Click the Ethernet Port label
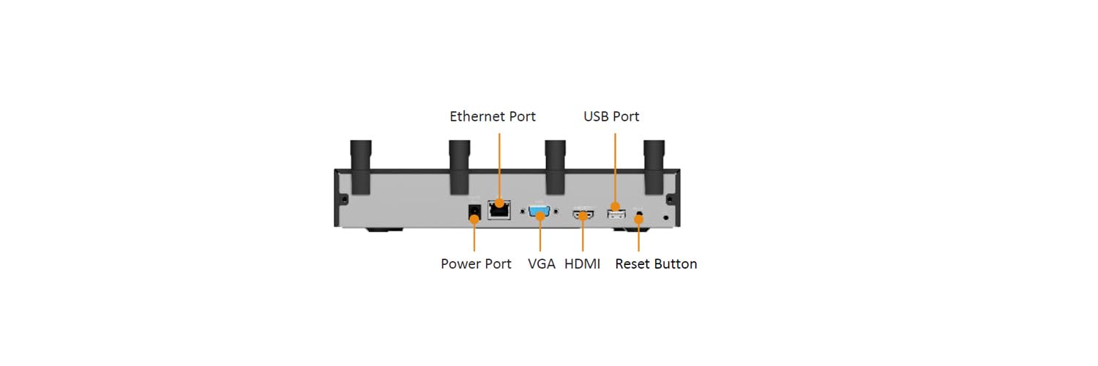click(493, 116)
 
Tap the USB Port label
click(611, 116)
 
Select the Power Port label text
click(476, 264)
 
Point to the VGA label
click(542, 264)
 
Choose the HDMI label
click(583, 264)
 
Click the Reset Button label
click(656, 264)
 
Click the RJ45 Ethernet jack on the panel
click(499, 209)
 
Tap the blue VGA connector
click(539, 212)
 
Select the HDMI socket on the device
click(583, 214)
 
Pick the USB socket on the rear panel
click(616, 214)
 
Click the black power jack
click(474, 212)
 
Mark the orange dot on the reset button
click(638, 219)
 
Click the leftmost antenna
click(361, 167)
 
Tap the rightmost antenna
click(654, 167)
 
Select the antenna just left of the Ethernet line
click(460, 167)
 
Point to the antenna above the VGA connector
click(556, 167)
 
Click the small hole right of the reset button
click(665, 217)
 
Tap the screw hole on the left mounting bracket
click(344, 199)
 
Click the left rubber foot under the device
click(384, 229)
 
